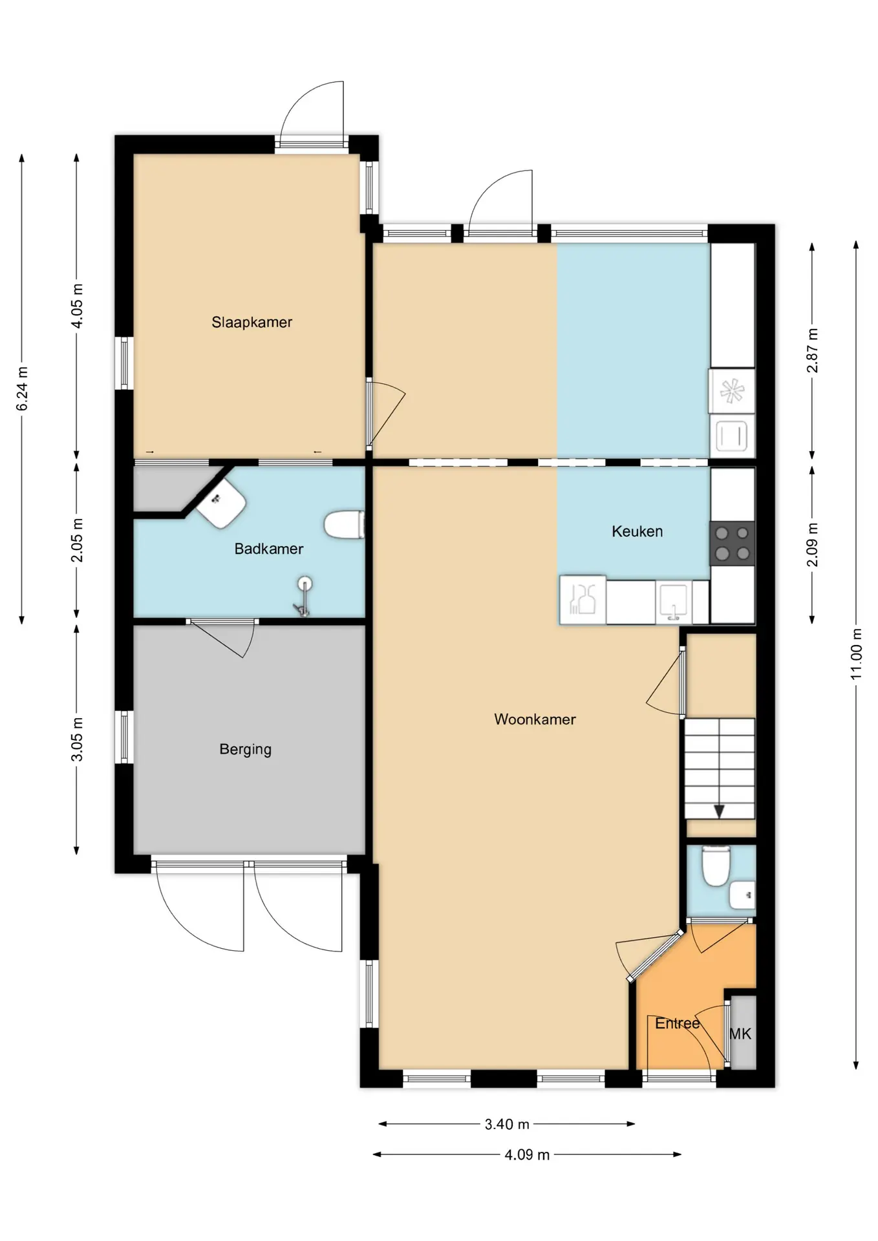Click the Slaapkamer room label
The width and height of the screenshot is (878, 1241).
coord(252,322)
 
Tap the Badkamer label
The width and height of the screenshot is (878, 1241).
coord(268,549)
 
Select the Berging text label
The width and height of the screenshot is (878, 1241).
coord(245,749)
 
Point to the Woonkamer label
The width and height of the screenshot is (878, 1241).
coord(535,719)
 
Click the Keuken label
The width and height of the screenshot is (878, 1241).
coord(637,531)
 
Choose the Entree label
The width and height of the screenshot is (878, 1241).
coord(677,1023)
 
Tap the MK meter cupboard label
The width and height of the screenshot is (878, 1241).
coord(740,1034)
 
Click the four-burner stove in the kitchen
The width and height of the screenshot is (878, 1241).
coord(733,544)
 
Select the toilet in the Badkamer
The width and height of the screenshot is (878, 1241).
coord(344,525)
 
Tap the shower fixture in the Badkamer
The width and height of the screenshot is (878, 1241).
coord(303,597)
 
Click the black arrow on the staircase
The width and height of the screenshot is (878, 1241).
coord(719,811)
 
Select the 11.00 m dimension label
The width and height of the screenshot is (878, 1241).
coord(856,653)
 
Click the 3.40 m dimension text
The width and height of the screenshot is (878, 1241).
coord(507,1124)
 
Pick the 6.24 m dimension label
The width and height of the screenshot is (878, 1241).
coord(22,388)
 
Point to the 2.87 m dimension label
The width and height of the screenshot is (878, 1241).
coord(812,350)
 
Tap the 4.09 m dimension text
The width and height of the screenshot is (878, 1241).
coord(527,1154)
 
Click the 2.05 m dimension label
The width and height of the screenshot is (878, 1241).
coord(76,540)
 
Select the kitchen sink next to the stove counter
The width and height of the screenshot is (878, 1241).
coord(673,602)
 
